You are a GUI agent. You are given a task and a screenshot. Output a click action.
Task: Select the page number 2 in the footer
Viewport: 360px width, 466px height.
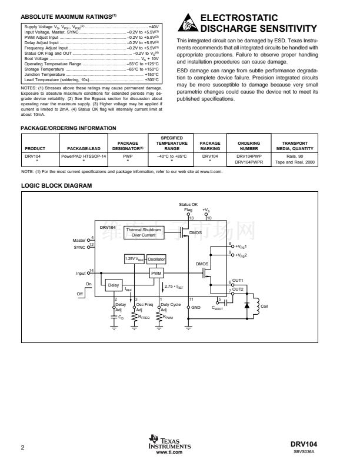coord(22,448)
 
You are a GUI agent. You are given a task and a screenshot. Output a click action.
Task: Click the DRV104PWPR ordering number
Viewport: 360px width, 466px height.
coord(249,162)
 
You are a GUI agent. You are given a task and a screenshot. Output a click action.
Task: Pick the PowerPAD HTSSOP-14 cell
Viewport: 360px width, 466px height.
coord(85,156)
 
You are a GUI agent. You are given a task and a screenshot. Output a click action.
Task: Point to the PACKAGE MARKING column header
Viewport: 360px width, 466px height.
coord(210,145)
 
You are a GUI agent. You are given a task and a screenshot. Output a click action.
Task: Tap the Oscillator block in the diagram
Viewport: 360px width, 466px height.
coord(156,259)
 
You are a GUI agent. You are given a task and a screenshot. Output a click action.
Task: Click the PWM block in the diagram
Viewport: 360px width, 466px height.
coord(156,274)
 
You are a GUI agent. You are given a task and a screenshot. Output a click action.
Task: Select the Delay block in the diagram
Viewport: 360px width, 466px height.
coord(113,285)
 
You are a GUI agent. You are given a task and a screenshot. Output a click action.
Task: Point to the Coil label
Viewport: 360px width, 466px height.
coord(264,306)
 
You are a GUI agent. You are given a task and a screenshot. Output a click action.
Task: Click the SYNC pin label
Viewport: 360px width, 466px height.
coord(79,248)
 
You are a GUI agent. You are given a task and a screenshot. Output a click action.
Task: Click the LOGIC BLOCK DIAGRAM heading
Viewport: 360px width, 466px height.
coord(56,186)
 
